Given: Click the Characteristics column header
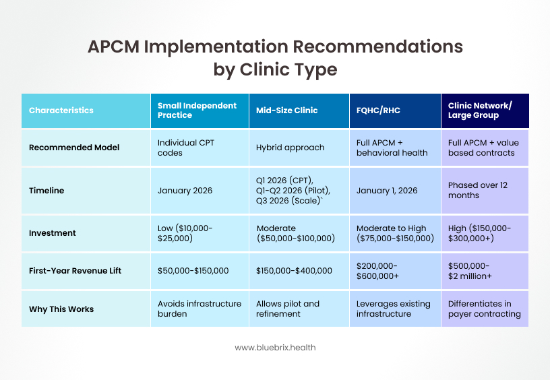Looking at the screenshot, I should (61, 110).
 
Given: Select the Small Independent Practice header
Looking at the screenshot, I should (197, 110).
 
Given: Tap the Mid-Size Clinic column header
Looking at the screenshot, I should (286, 110).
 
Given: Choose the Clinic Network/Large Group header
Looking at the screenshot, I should (480, 110).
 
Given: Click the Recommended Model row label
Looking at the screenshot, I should (74, 148).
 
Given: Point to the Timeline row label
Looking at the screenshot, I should (47, 191).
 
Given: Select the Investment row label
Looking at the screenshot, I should (53, 233).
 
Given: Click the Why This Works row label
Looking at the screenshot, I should (61, 309).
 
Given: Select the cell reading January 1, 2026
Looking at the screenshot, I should (387, 191).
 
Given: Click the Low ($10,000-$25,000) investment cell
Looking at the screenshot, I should (185, 233).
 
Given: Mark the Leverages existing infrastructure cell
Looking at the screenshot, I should (393, 309).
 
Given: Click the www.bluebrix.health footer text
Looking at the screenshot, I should (275, 348).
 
